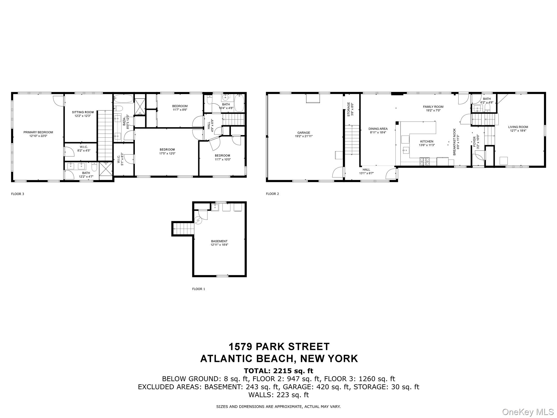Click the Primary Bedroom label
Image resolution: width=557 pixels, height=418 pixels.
click(x=38, y=132)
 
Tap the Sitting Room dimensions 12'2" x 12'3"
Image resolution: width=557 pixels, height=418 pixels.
click(x=83, y=116)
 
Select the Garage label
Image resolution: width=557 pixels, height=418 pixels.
click(x=304, y=133)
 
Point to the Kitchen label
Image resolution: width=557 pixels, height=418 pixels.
click(x=427, y=141)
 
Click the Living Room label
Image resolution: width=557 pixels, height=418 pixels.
click(x=518, y=127)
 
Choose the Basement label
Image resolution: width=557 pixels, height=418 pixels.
click(x=219, y=241)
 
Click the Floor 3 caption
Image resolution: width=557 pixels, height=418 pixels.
click(x=17, y=194)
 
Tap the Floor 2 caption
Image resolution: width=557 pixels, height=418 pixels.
click(x=272, y=194)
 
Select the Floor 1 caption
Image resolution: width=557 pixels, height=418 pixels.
click(x=199, y=289)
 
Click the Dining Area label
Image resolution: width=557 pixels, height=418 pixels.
click(x=378, y=129)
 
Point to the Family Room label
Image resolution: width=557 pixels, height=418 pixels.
click(x=433, y=107)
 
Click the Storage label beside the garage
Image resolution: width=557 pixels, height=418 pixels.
click(x=348, y=109)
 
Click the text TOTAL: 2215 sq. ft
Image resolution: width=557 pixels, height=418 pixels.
click(x=278, y=371)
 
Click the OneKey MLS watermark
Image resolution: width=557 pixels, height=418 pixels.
click(x=528, y=412)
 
